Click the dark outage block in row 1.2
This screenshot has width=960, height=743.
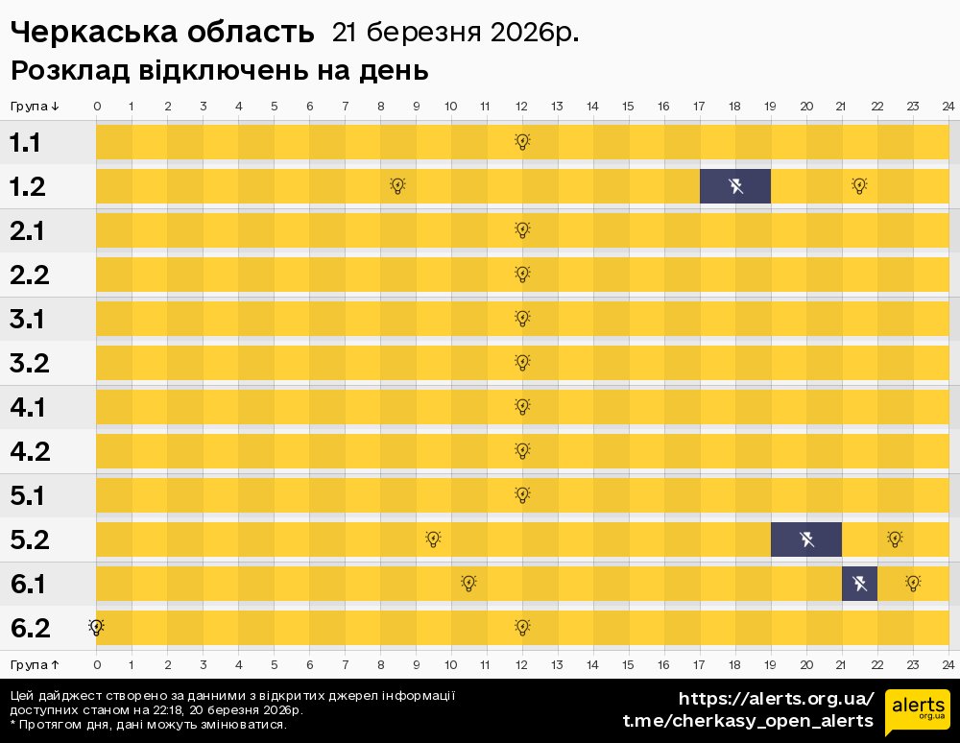734,186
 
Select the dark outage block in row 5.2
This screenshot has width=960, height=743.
805,539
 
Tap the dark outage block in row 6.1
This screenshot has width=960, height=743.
859,584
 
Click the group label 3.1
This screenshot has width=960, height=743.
29,319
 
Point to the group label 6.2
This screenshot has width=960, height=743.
30,629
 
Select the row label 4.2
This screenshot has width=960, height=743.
30,451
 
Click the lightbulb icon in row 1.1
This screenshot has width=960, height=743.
522,142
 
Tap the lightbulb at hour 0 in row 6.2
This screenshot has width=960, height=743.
96,627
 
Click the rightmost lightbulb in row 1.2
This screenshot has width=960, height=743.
859,186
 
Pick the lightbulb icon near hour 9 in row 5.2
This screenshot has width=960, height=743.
433,539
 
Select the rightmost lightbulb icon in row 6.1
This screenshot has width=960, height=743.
913,584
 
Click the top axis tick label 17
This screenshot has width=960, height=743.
699,106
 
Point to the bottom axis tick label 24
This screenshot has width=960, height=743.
948,664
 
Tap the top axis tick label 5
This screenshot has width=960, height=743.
274,106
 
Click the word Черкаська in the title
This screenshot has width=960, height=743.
86,33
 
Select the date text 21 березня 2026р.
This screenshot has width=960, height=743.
455,33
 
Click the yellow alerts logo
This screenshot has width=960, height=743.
917,711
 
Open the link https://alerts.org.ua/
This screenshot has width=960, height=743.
776,698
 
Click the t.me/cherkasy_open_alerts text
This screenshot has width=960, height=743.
748,720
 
